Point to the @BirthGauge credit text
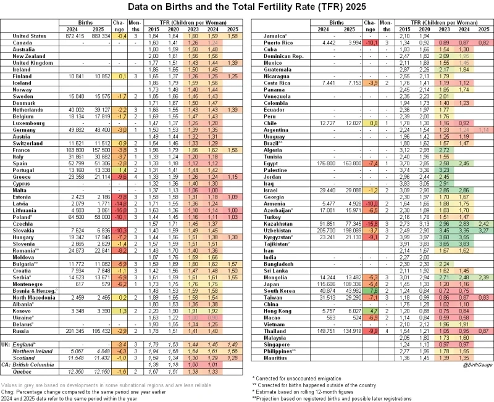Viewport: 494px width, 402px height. (474, 365)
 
